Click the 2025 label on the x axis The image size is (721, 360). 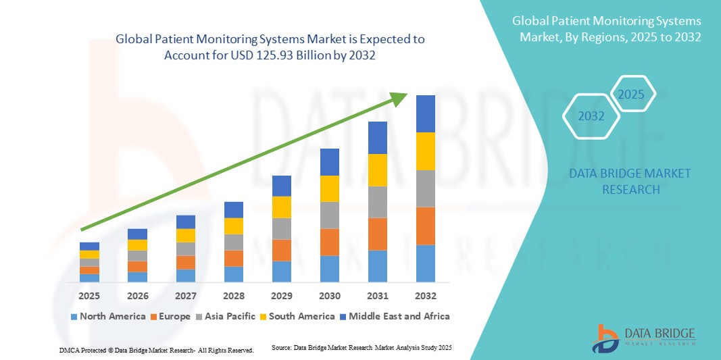point(89,296)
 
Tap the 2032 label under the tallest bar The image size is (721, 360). point(425,296)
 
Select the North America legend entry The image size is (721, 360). point(107,316)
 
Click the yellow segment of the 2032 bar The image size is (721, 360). point(425,151)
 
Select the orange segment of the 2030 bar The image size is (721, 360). point(329,242)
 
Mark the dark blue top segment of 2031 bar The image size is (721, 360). point(377,138)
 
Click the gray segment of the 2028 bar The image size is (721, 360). point(233,242)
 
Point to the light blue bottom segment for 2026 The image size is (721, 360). point(137,277)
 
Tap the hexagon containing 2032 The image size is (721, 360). point(591,116)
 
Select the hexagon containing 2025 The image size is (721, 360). point(632,95)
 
